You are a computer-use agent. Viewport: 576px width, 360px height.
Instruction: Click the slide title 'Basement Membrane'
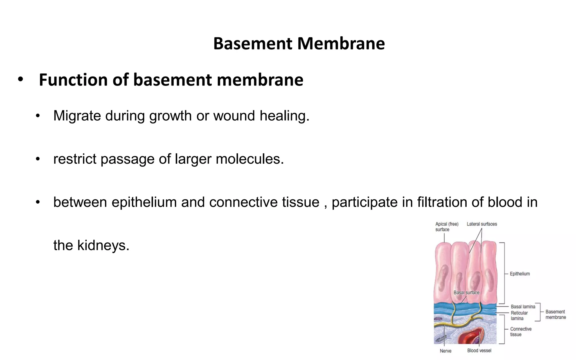299,44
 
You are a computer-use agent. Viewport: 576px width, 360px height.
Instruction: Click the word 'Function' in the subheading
73,80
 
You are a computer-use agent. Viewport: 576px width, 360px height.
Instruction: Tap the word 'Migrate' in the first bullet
77,116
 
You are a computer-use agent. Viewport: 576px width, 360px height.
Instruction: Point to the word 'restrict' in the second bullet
75,159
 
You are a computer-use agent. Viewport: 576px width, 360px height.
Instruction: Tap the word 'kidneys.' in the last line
103,245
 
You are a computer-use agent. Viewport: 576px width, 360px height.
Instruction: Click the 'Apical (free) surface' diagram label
447,227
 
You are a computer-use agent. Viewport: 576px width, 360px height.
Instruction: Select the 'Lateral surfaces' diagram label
482,224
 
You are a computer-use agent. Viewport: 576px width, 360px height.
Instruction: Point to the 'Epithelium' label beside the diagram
520,274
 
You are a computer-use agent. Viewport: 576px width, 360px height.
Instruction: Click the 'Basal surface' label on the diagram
466,292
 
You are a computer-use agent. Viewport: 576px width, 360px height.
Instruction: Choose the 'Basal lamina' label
523,307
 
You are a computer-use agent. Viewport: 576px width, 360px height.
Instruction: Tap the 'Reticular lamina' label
519,316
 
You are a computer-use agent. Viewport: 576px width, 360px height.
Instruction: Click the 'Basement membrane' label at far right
555,314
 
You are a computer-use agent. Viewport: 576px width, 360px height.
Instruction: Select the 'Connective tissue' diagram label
521,332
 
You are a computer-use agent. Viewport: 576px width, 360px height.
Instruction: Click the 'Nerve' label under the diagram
445,351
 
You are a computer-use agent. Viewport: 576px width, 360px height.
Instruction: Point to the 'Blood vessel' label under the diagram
479,350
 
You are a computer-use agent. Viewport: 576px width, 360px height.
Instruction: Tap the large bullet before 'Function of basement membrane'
20,80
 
